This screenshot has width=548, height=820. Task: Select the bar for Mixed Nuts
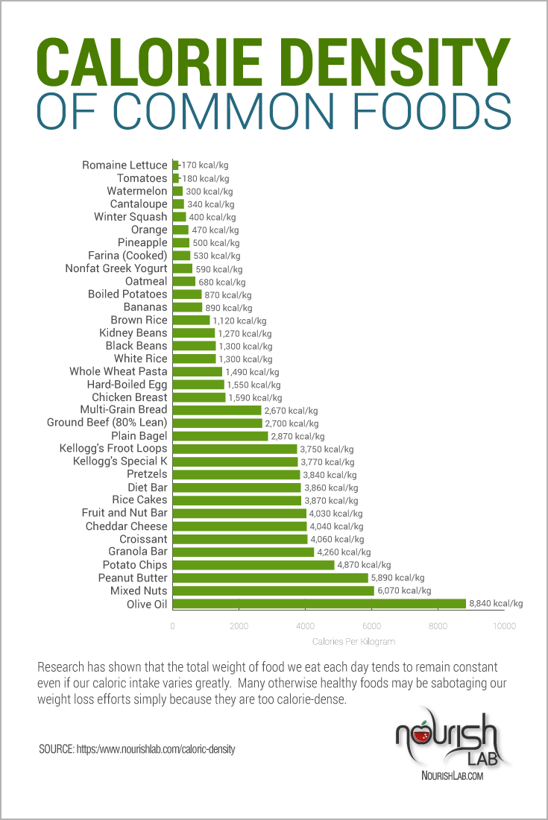tap(273, 590)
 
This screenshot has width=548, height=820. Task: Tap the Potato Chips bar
tap(253, 565)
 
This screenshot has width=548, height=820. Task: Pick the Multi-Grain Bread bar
tap(217, 410)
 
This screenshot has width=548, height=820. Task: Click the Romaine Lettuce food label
tap(125, 165)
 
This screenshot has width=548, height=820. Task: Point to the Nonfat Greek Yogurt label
tap(116, 268)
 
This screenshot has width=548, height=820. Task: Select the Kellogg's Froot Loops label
tap(113, 449)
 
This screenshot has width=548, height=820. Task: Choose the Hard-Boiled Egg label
tap(127, 385)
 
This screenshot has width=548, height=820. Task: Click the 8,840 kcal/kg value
tap(497, 604)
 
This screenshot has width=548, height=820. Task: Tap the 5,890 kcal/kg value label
tap(398, 578)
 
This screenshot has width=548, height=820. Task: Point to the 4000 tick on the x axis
tap(305, 626)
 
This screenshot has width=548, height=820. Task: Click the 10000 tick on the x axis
tap(505, 626)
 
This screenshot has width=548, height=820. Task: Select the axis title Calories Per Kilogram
tap(353, 641)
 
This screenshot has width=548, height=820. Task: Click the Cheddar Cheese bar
tap(239, 526)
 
